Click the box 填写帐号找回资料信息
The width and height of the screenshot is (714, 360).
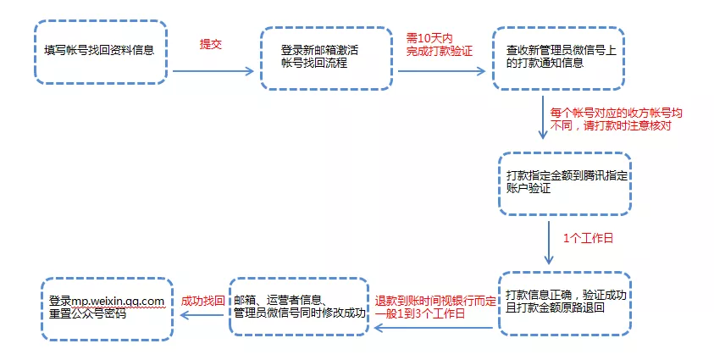[100, 51]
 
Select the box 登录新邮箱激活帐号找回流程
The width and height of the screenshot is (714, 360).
[327, 57]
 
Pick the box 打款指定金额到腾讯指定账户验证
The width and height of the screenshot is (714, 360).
[564, 183]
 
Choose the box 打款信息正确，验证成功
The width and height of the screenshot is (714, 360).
[564, 302]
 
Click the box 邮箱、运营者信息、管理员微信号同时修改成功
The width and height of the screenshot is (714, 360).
[300, 306]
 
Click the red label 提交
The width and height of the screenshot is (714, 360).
[211, 45]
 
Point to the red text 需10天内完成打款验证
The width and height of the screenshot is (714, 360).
[439, 45]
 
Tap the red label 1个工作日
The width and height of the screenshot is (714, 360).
[588, 238]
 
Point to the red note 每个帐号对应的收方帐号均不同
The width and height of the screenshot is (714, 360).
[615, 118]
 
